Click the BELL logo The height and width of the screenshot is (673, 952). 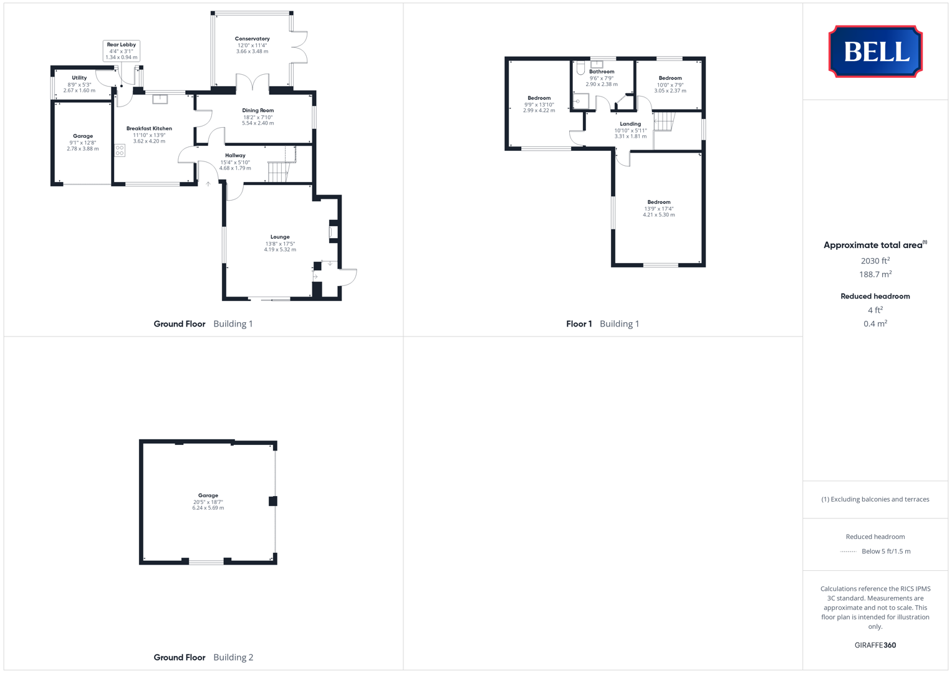(875, 51)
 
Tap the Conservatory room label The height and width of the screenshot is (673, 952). (252, 39)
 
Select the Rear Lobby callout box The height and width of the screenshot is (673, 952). (121, 50)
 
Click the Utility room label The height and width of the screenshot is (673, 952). (79, 78)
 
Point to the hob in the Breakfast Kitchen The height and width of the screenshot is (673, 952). (120, 150)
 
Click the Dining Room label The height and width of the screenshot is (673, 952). (257, 110)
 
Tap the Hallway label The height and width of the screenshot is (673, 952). (235, 156)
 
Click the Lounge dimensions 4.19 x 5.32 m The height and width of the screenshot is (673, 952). (280, 250)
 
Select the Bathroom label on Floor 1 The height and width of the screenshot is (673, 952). (602, 72)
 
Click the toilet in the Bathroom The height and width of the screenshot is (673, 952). (580, 68)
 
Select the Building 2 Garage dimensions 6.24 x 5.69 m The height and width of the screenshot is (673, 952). (208, 508)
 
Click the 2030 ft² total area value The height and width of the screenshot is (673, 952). (875, 261)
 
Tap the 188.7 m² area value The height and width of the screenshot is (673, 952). (875, 274)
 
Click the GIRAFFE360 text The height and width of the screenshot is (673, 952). (875, 645)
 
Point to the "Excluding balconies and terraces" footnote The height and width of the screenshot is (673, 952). (875, 499)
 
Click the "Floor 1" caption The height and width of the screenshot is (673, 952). (579, 324)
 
